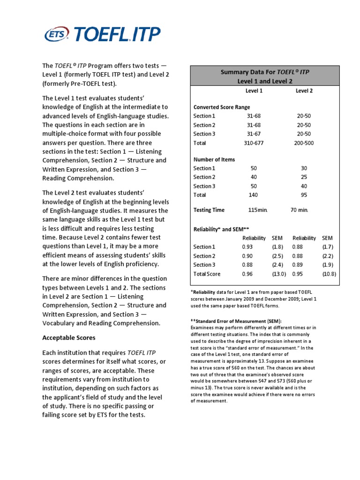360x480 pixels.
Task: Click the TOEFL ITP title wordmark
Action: [115, 34]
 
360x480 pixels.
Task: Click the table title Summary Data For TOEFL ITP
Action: [265, 72]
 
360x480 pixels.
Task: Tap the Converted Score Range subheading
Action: [222, 107]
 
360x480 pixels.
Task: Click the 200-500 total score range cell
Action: [304, 143]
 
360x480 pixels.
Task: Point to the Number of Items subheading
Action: [214, 159]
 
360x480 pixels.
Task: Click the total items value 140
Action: [254, 195]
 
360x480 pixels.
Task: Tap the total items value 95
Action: [304, 195]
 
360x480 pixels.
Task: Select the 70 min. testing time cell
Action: [300, 210]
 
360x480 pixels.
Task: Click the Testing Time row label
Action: [209, 210]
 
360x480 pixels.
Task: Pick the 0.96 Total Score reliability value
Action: [247, 274]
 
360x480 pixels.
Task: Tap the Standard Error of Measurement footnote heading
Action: [235, 321]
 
